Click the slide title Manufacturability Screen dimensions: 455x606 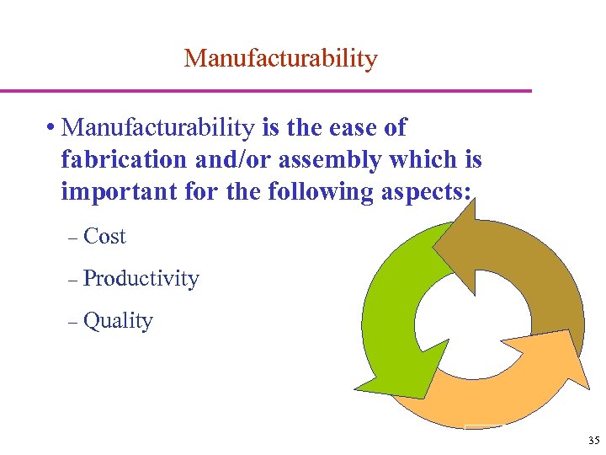280,59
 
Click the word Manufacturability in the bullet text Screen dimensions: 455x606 159,128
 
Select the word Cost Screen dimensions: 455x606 104,237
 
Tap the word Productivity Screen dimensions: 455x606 141,279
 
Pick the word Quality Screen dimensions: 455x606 118,321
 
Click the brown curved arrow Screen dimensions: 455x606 539,270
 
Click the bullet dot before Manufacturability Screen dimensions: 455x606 52,129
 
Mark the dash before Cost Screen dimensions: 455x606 72,238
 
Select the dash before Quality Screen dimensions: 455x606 72,323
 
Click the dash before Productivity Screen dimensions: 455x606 72,281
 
